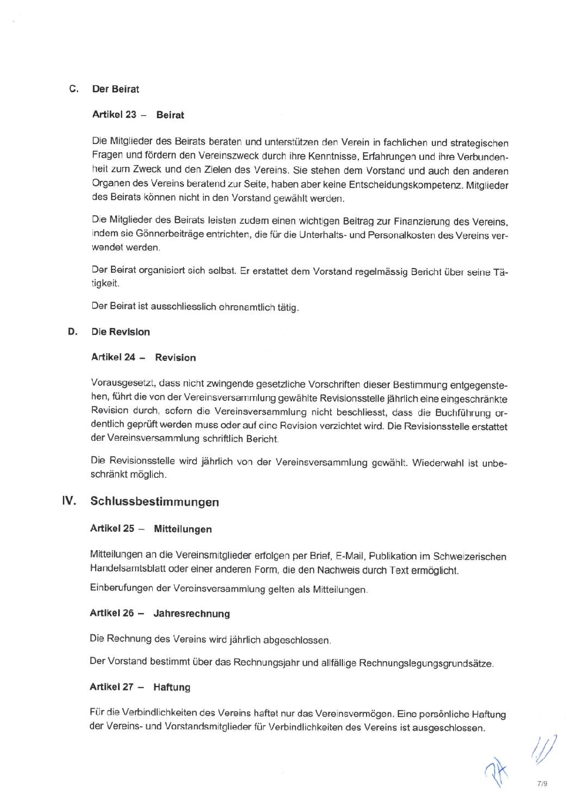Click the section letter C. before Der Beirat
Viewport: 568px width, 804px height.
point(73,89)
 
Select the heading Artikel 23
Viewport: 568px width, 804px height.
point(114,115)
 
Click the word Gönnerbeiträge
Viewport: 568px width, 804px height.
point(170,234)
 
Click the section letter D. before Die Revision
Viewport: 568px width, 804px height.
point(72,331)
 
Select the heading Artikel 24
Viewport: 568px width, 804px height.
point(113,357)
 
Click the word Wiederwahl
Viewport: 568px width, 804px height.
point(438,463)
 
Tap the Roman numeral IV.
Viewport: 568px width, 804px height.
point(69,501)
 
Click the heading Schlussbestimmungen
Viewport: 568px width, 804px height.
point(154,502)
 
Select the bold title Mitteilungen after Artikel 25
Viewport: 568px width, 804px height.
point(183,529)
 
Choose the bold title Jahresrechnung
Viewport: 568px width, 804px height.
point(191,614)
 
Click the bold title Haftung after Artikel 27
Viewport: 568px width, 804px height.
point(172,687)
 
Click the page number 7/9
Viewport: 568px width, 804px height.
point(542,783)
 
